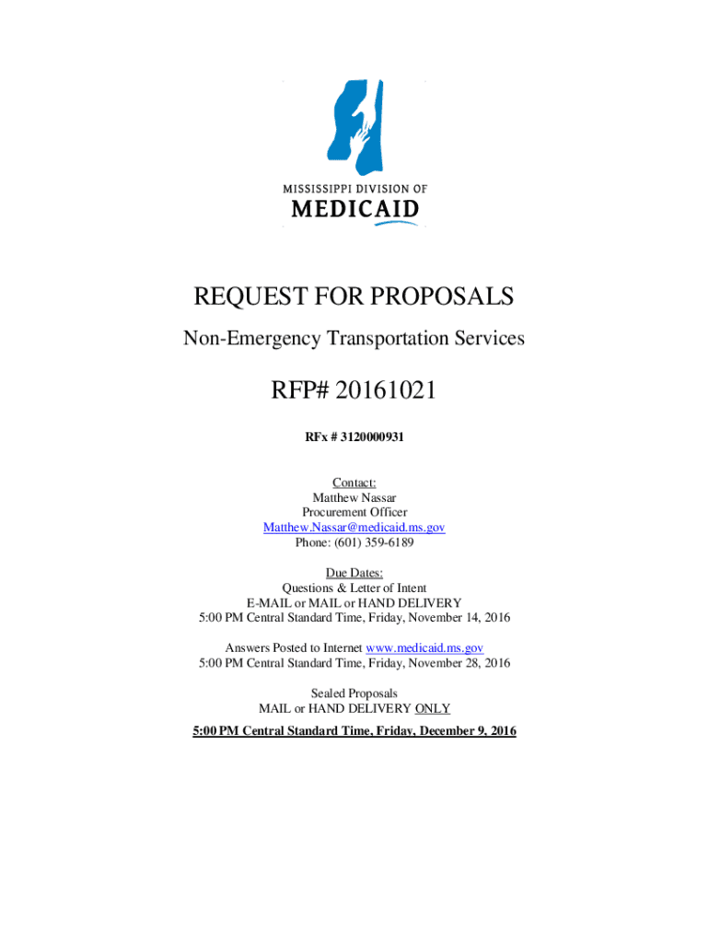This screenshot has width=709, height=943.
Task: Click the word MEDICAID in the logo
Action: [354, 210]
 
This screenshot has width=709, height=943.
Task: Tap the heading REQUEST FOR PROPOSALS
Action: [354, 297]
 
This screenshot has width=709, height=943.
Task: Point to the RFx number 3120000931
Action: [372, 438]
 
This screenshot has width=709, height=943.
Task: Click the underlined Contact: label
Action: [354, 483]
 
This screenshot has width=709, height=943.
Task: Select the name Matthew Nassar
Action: [354, 497]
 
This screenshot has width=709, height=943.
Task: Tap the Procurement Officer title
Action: [354, 512]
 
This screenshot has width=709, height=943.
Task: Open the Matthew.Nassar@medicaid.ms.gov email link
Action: [354, 527]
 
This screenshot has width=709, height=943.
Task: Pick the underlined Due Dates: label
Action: [354, 572]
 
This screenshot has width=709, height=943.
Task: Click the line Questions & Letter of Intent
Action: [354, 587]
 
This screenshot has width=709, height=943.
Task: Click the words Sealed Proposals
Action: [354, 693]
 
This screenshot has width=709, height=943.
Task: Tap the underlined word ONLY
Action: [433, 707]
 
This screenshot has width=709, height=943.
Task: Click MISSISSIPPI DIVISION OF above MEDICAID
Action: [354, 188]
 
